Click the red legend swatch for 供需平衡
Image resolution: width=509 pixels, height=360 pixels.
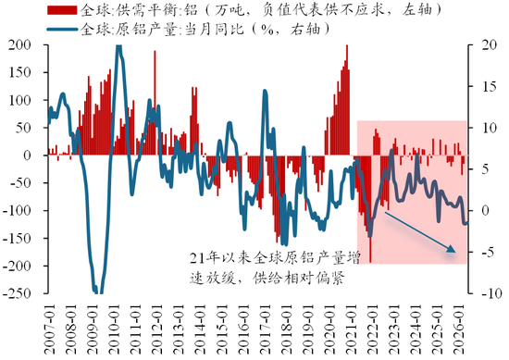62,10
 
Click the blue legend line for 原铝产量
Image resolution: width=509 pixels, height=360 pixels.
62,30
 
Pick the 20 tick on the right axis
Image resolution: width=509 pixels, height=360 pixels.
490,44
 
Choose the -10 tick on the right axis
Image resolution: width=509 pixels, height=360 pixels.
491,293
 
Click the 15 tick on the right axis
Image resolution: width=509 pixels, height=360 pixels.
490,86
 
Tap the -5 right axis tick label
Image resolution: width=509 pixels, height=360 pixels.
489,252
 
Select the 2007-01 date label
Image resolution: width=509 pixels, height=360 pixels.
50,329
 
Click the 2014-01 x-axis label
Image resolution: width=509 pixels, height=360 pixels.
200,329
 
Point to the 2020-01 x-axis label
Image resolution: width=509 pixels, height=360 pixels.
329,329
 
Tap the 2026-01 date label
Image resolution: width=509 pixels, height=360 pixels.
459,329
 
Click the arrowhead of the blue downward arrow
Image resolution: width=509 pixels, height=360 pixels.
452,249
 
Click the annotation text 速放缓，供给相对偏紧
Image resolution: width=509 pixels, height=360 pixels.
267,278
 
